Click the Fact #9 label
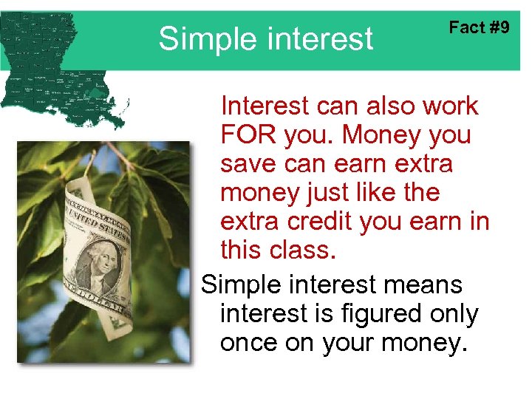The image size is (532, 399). (480, 28)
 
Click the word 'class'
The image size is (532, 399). (302, 251)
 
